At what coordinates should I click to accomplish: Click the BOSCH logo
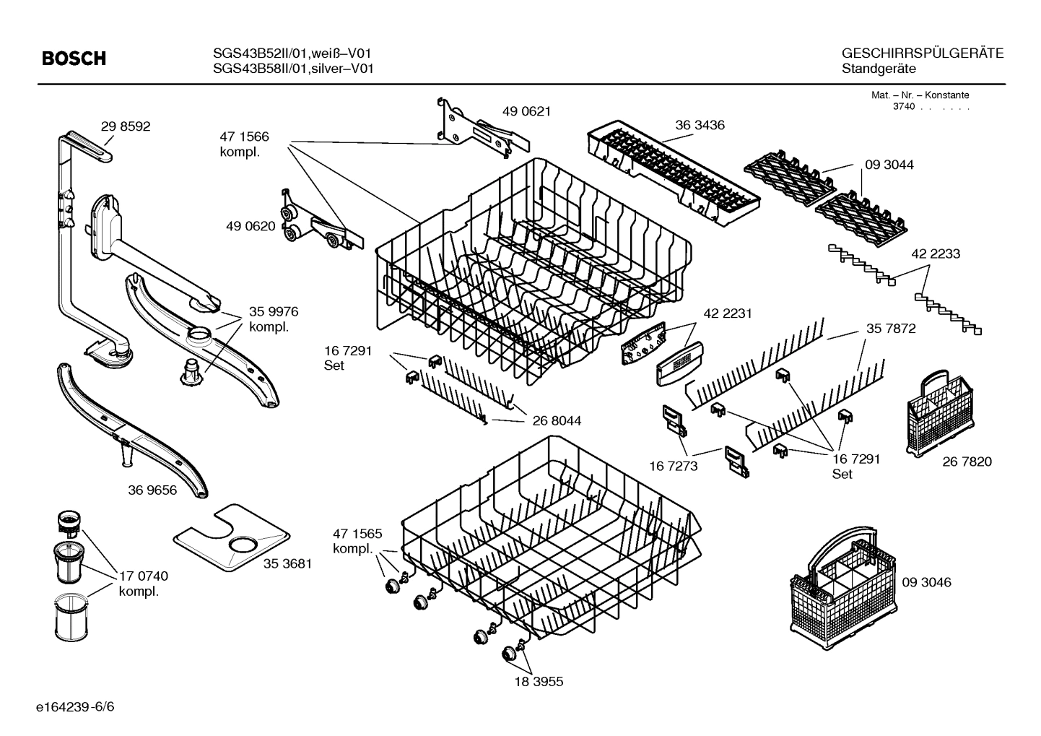click(74, 59)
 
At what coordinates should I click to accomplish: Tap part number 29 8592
click(126, 126)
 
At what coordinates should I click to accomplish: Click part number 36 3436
click(700, 125)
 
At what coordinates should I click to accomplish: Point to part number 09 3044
click(889, 165)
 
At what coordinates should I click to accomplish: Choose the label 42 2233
click(936, 254)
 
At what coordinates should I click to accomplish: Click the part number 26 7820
click(967, 462)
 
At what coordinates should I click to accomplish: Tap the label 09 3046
click(926, 582)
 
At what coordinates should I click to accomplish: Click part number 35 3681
click(287, 563)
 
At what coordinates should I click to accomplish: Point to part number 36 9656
click(152, 490)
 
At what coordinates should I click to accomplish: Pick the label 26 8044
click(557, 420)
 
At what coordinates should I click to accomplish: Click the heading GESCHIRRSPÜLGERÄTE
click(922, 53)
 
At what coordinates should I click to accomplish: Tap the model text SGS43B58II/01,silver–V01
click(293, 69)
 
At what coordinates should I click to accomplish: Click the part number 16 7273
click(674, 466)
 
